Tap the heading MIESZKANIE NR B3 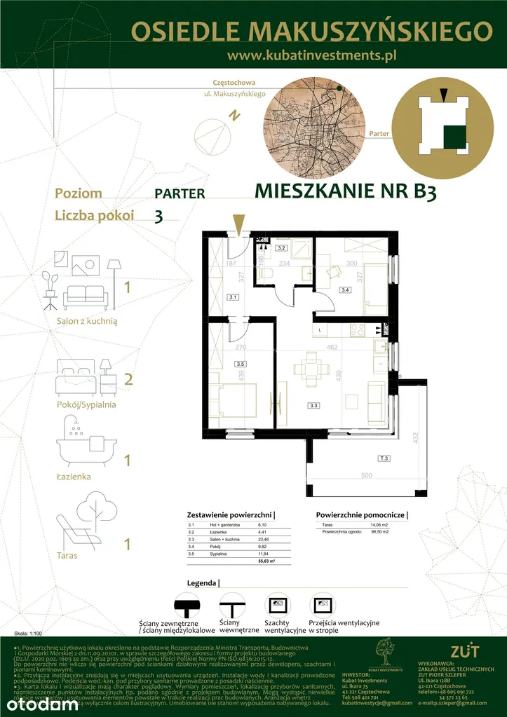[x=345, y=191]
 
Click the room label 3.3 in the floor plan [x=313, y=404]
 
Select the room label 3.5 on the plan [x=241, y=364]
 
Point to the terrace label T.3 [x=384, y=458]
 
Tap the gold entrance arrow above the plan [x=239, y=224]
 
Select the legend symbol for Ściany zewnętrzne [x=187, y=605]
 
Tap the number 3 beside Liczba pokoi [x=158, y=217]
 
